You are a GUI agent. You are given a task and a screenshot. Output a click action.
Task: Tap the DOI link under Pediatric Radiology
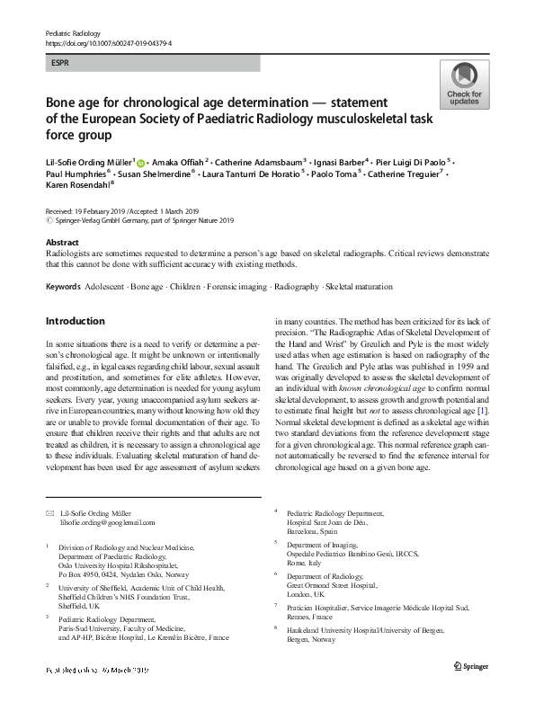coord(108,42)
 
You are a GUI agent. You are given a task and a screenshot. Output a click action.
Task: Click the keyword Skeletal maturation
coord(359,287)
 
